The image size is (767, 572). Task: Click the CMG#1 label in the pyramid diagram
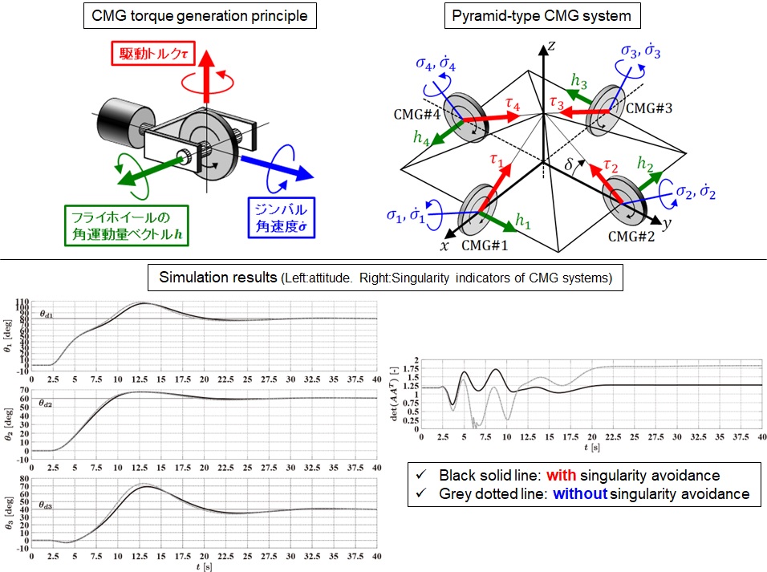click(x=484, y=245)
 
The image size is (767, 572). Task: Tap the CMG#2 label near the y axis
click(x=631, y=237)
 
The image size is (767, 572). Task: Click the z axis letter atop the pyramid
click(x=551, y=47)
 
